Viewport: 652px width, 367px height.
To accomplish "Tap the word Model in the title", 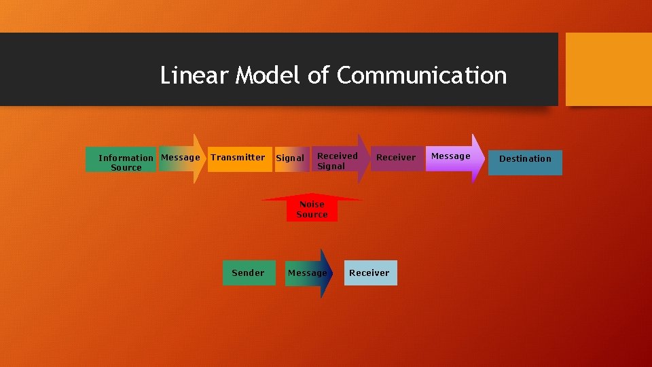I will click(x=268, y=75).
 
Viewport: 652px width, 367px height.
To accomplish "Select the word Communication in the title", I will click(x=421, y=75).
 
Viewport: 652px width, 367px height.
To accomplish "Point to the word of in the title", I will click(x=318, y=75).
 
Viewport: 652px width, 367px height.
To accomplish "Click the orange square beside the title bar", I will click(x=609, y=69).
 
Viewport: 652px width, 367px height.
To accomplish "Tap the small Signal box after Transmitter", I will click(x=291, y=158).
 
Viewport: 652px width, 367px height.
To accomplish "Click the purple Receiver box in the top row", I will click(x=397, y=158).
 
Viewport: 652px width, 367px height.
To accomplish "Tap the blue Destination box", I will click(x=525, y=162).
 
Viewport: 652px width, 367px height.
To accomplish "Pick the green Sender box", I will click(x=249, y=273).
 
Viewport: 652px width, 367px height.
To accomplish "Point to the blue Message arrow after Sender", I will click(x=309, y=273).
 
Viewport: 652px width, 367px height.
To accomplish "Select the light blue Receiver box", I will click(x=370, y=273).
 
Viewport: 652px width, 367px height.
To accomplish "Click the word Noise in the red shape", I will click(x=312, y=204).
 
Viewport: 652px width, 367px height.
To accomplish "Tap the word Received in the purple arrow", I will click(x=337, y=156).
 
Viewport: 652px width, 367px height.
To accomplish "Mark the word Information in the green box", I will click(x=126, y=158).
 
